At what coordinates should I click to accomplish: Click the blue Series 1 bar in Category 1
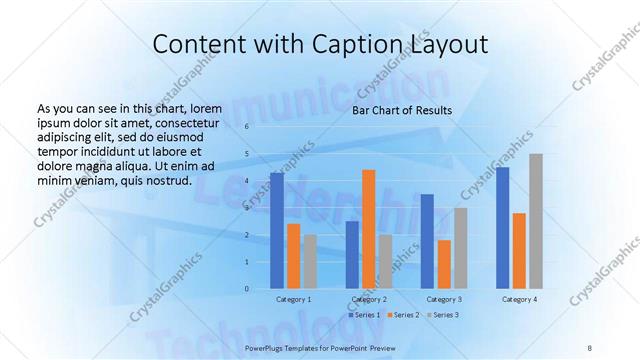coord(276,231)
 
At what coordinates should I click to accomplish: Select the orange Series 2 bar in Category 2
coord(369,230)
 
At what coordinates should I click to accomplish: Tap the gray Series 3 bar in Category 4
coord(536,221)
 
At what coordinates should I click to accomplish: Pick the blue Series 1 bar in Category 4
coord(503,228)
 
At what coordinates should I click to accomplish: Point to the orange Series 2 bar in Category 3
coord(444,265)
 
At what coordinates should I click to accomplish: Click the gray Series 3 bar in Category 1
coord(310,262)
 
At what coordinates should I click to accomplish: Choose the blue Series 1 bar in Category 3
coord(427,242)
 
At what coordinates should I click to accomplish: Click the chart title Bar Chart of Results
coord(402,111)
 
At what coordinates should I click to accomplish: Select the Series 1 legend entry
coord(362,315)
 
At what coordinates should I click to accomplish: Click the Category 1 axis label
coord(293,300)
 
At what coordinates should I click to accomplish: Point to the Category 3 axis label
coord(444,300)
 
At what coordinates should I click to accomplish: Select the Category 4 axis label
coord(519,300)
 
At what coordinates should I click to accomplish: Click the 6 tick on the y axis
coord(246,127)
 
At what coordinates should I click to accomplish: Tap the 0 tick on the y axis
coord(246,289)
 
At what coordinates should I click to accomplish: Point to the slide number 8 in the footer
coord(590,347)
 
